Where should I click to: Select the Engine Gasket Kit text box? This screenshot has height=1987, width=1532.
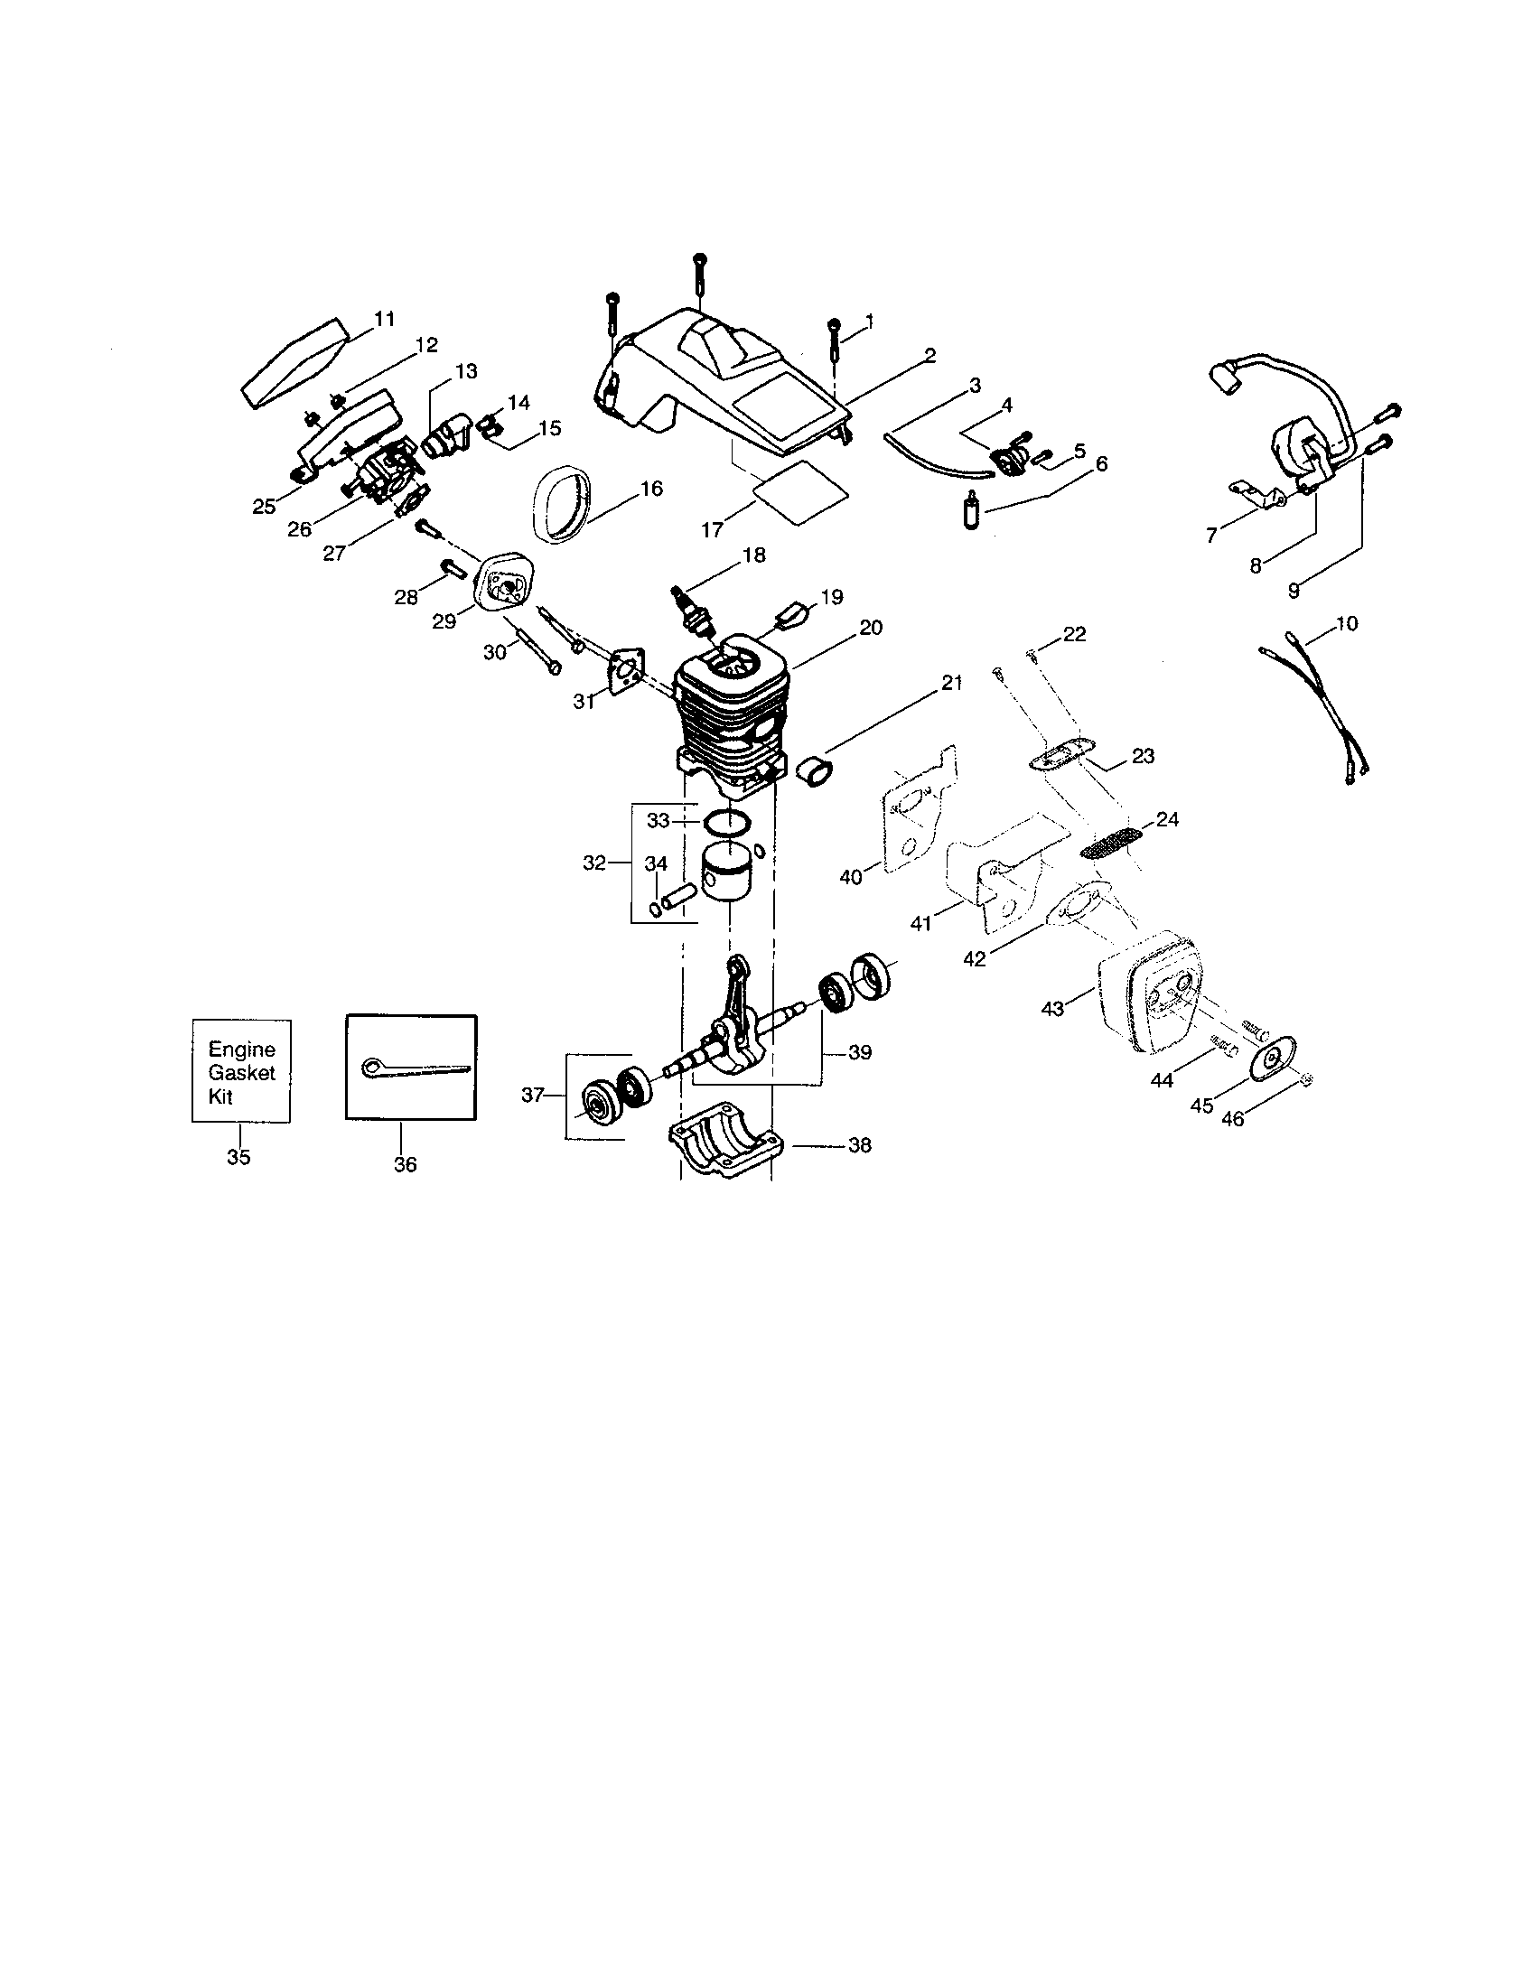pyautogui.click(x=241, y=1072)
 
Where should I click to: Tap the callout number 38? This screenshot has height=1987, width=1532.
pyautogui.click(x=859, y=1145)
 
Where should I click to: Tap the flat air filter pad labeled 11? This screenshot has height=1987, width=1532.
pyautogui.click(x=296, y=362)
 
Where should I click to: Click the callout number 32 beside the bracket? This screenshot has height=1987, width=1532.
pyautogui.click(x=594, y=863)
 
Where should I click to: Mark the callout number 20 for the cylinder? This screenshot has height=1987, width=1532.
pyautogui.click(x=871, y=628)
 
